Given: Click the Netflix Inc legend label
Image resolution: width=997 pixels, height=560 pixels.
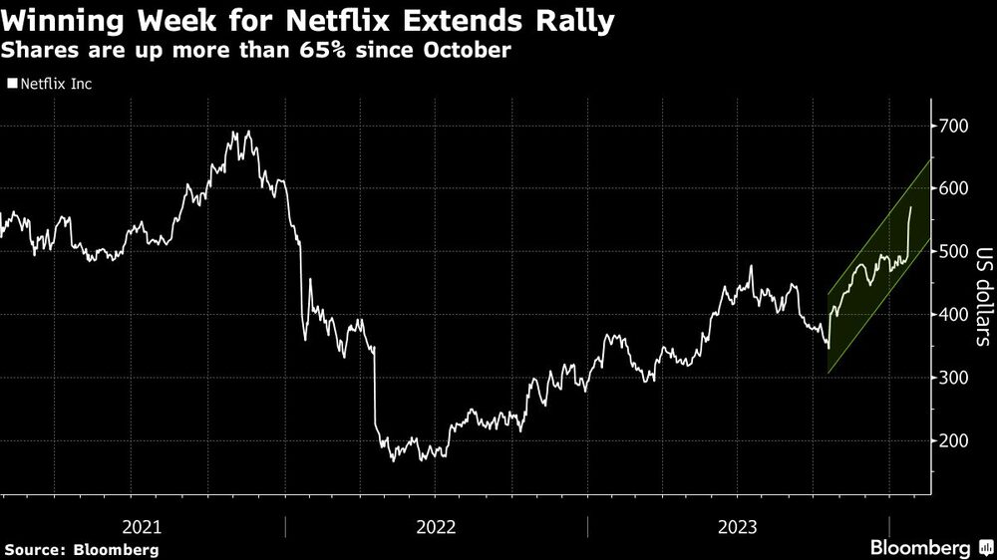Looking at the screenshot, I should click(x=56, y=85).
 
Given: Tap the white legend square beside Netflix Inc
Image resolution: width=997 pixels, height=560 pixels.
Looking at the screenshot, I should click(x=12, y=85).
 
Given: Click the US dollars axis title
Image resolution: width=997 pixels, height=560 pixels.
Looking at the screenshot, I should click(x=983, y=296).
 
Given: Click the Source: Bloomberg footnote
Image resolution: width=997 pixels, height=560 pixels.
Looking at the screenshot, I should click(x=82, y=549).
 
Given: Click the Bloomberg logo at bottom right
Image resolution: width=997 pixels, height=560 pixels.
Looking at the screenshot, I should click(x=927, y=547).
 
